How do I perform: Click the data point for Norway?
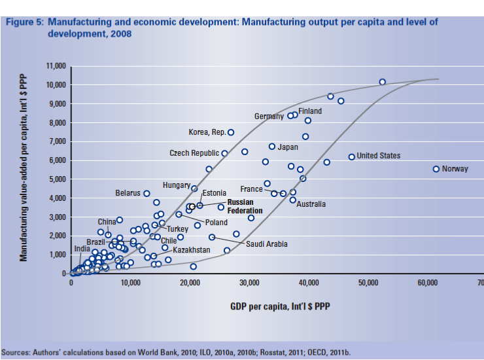coord(436,169)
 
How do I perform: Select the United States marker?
coord(351,156)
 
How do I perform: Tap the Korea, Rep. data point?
coord(230,132)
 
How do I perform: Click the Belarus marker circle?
coord(147,194)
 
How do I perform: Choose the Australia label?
coord(311,204)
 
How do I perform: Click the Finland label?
coord(310,111)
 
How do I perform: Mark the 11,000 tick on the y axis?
coord(57,67)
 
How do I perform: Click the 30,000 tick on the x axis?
coord(249,282)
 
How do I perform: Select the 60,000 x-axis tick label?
coord(427,282)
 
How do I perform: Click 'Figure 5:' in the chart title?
coord(24,22)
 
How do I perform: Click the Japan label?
coord(288,147)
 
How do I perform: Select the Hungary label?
coord(176,186)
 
